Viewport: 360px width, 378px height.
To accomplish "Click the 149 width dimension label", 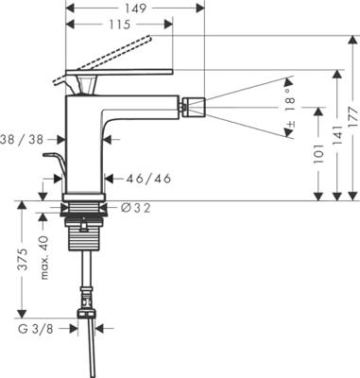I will click(x=132, y=8).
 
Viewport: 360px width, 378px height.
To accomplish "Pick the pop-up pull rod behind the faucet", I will click(x=54, y=170).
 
